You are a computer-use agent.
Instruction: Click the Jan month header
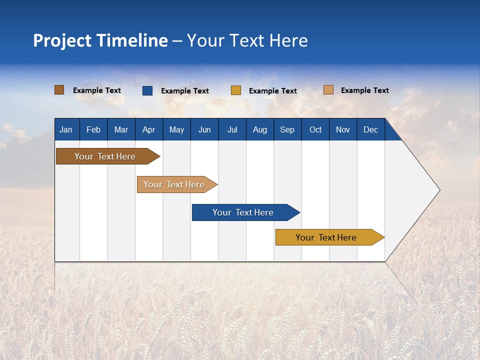pyautogui.click(x=66, y=129)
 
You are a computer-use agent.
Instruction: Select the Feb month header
pyautogui.click(x=93, y=129)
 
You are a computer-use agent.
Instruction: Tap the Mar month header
pyautogui.click(x=121, y=129)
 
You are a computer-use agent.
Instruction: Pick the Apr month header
pyautogui.click(x=149, y=129)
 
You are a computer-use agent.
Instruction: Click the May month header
pyautogui.click(x=176, y=129)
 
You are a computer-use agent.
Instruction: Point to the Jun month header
pyautogui.click(x=204, y=129)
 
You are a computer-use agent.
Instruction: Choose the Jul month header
pyautogui.click(x=232, y=129)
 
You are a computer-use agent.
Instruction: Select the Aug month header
pyautogui.click(x=260, y=129)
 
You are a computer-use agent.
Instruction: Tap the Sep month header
pyautogui.click(x=287, y=129)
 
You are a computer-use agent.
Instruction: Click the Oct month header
pyautogui.click(x=315, y=129)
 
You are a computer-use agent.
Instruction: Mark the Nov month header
pyautogui.click(x=343, y=129)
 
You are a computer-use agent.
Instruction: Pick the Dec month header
pyautogui.click(x=371, y=129)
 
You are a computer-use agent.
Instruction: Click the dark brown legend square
pyautogui.click(x=59, y=90)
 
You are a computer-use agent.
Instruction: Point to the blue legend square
pyautogui.click(x=147, y=90)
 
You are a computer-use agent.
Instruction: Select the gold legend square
pyautogui.click(x=236, y=90)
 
